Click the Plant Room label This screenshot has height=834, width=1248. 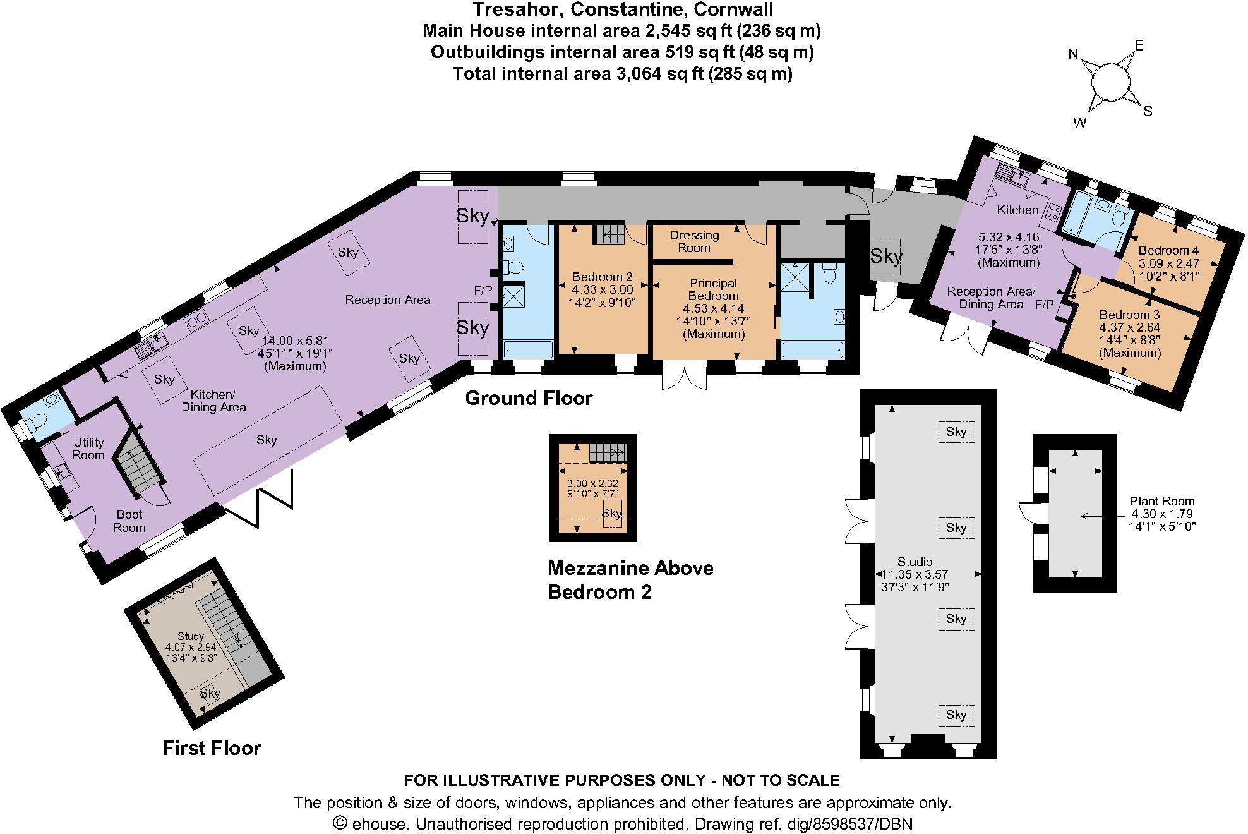1162,501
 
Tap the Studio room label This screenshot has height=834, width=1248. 915,562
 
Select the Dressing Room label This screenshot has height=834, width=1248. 694,241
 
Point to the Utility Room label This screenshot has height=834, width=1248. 88,448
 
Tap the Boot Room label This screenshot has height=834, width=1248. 129,521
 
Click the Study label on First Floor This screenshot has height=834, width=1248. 190,636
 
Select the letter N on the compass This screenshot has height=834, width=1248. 1073,54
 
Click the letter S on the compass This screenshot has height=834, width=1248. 1148,112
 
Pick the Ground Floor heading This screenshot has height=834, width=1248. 529,398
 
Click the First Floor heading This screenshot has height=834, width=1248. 212,748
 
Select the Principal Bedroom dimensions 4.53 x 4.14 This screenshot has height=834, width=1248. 714,309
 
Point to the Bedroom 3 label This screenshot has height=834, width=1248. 1129,315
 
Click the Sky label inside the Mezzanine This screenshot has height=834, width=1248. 611,513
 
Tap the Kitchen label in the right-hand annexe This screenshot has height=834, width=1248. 1017,210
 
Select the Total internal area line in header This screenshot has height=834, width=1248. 622,74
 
